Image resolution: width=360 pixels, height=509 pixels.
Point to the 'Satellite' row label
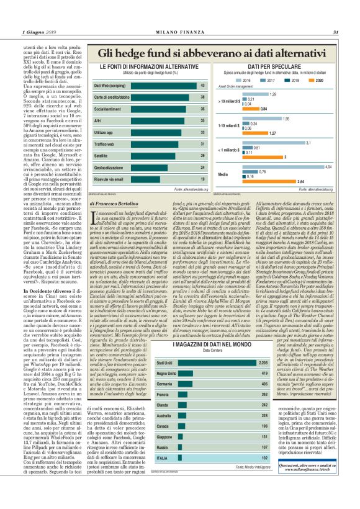coord(102,155)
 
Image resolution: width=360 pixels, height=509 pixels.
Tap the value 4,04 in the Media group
coord(328,167)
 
